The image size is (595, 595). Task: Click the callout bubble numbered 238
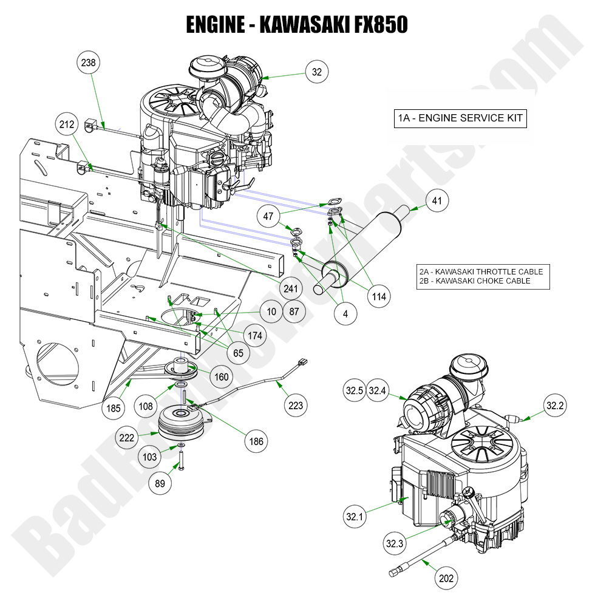click(89, 63)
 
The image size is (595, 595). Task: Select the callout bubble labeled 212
click(67, 124)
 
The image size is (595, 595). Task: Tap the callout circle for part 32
click(317, 72)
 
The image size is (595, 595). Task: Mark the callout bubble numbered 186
click(257, 441)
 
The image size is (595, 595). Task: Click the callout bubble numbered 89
click(161, 483)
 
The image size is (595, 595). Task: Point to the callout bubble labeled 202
click(446, 579)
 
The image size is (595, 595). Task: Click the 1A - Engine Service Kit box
click(460, 119)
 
